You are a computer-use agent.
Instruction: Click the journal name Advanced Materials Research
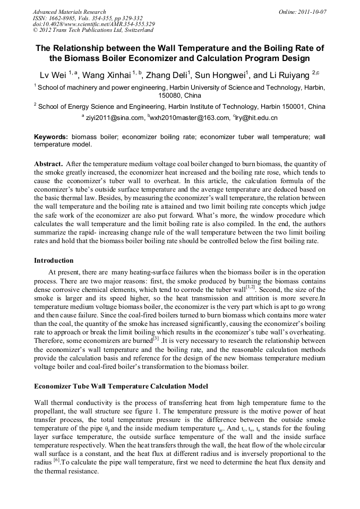pos(69,12)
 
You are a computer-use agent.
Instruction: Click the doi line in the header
pos(94,24)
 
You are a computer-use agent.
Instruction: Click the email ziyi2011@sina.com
pos(115,118)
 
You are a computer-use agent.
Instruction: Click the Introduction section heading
pos(54,261)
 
